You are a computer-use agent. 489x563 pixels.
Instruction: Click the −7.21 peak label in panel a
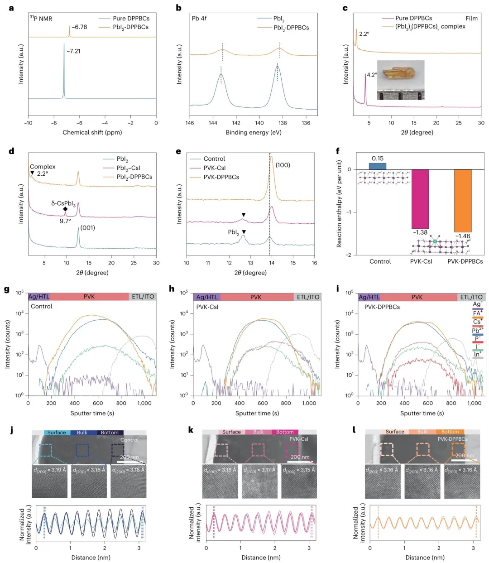pyautogui.click(x=73, y=51)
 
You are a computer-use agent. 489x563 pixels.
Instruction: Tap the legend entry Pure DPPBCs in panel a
pyautogui.click(x=131, y=18)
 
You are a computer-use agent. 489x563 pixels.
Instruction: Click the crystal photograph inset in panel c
pyautogui.click(x=401, y=80)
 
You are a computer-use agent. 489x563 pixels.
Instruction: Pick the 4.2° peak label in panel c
pyautogui.click(x=372, y=75)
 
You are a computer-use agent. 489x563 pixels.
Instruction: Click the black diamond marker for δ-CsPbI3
pyautogui.click(x=65, y=209)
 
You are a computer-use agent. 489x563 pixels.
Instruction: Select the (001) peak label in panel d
pyautogui.click(x=87, y=227)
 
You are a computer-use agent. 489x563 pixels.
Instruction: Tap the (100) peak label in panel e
pyautogui.click(x=283, y=165)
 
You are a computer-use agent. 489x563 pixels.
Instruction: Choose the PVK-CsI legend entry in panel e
pyautogui.click(x=215, y=168)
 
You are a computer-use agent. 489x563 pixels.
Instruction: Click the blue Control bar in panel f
pyautogui.click(x=377, y=166)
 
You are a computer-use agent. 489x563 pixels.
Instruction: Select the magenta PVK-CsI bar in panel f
pyautogui.click(x=420, y=199)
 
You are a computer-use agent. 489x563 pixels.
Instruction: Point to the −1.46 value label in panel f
pyautogui.click(x=462, y=236)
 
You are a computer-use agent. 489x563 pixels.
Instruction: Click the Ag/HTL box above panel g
pyautogui.click(x=39, y=297)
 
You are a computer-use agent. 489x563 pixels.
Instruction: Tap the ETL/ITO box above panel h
pyautogui.click(x=308, y=297)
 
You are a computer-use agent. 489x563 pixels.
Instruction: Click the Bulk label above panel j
pyautogui.click(x=82, y=433)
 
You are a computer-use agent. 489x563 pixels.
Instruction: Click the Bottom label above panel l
pyautogui.click(x=450, y=432)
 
